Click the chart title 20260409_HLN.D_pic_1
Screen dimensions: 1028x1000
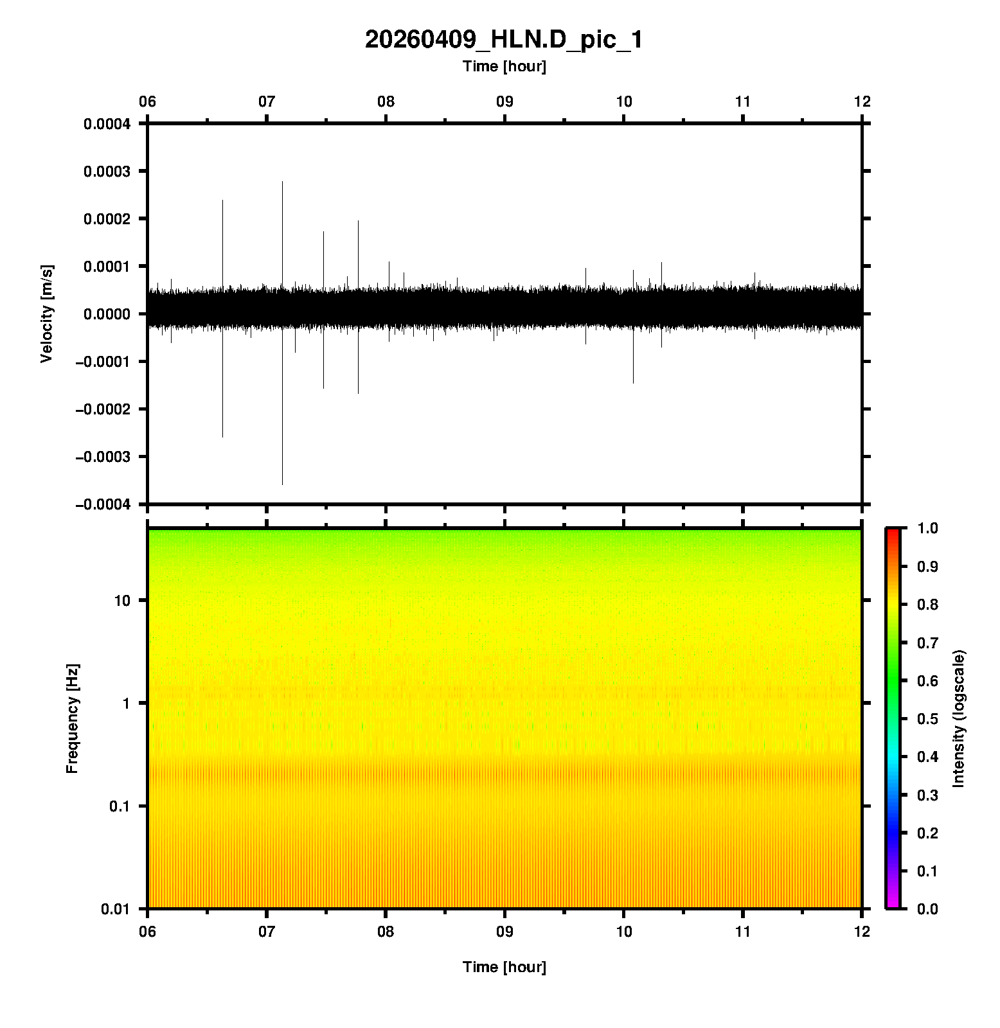pos(503,40)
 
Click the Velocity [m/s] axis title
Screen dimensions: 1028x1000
pos(47,314)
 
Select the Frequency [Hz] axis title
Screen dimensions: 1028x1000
pos(72,718)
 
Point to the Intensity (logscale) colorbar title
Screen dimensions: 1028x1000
pos(959,718)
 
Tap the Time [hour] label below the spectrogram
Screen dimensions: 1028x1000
pos(504,967)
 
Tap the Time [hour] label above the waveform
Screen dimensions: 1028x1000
pos(504,66)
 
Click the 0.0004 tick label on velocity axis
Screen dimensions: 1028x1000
pos(107,124)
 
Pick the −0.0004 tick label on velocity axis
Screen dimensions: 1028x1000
pos(103,504)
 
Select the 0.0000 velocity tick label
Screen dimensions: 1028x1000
pos(107,314)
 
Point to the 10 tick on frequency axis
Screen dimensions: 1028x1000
pos(121,601)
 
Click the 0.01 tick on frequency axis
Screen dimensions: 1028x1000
pos(116,908)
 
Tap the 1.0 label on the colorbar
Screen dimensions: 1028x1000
pos(928,528)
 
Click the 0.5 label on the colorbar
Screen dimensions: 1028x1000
pos(928,718)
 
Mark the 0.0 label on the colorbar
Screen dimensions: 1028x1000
pos(928,908)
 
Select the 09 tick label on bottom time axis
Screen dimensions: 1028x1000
pos(504,931)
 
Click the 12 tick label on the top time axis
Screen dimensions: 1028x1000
pos(862,102)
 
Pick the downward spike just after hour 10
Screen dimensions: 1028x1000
pos(633,360)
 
